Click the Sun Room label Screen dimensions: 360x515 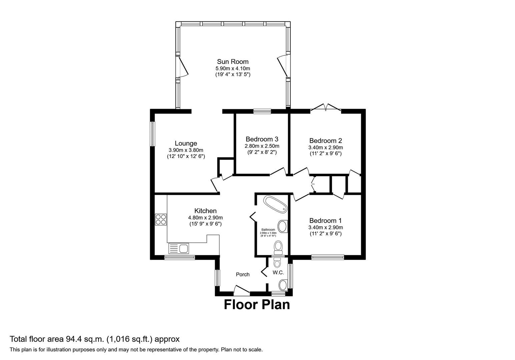[x=232, y=62]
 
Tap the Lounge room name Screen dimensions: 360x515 [x=186, y=144]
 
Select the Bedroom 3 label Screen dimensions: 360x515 [x=262, y=139]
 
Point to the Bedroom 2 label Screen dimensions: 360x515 [x=326, y=141]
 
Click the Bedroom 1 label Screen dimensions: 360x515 [x=326, y=221]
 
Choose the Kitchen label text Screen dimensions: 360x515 [x=205, y=211]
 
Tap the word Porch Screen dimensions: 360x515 [x=242, y=274]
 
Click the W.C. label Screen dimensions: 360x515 [x=278, y=273]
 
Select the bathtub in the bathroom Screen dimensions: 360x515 [x=275, y=204]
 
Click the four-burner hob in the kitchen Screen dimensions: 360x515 [x=161, y=219]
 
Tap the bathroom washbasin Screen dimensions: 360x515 [x=283, y=226]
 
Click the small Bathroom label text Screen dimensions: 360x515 [x=268, y=230]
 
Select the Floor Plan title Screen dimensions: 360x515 [x=256, y=305]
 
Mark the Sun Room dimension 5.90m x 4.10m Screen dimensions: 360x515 [x=232, y=68]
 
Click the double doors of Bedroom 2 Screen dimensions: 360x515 [x=326, y=107]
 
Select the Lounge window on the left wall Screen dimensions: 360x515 [x=152, y=134]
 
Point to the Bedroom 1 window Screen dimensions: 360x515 [x=328, y=257]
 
